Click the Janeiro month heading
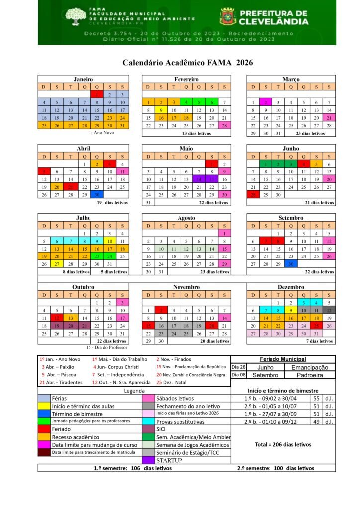tap(83, 79)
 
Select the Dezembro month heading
tap(291, 287)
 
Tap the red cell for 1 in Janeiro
tap(97, 94)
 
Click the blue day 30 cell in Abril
tap(97, 195)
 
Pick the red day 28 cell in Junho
tap(253, 195)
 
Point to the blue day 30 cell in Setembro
tap(290, 264)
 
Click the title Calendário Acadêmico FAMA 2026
tap(187, 63)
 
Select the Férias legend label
tap(60, 398)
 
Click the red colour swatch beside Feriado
tap(44, 429)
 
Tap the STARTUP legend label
tap(169, 460)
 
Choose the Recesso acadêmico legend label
tap(75, 437)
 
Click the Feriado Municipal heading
tap(282, 359)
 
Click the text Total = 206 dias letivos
tap(282, 444)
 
